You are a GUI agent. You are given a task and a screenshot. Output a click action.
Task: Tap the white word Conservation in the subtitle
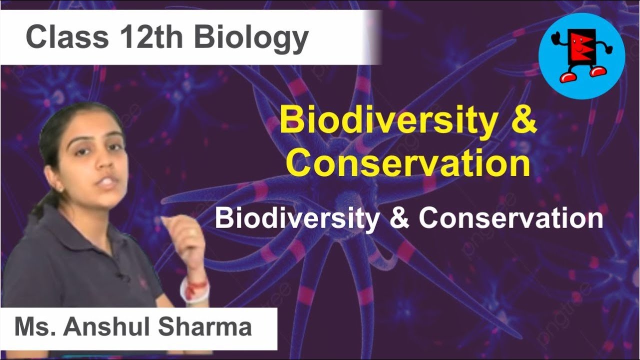click(x=510, y=218)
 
